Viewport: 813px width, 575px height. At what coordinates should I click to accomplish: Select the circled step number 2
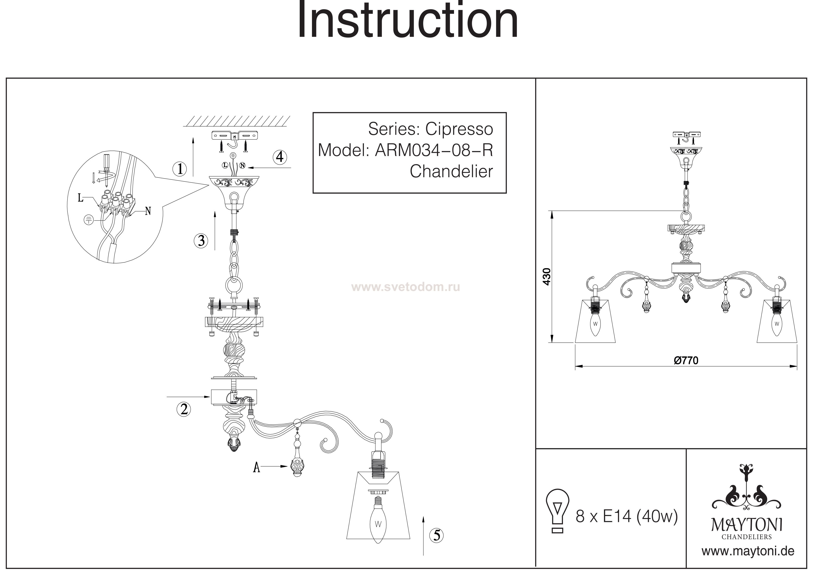(184, 409)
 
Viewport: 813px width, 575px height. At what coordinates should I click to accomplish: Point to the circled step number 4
(280, 157)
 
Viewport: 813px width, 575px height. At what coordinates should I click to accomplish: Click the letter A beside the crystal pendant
(257, 468)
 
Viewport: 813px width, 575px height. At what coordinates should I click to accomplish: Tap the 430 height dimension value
(547, 277)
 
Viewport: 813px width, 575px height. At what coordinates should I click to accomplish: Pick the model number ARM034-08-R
(434, 150)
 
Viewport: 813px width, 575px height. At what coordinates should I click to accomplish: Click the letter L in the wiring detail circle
(81, 198)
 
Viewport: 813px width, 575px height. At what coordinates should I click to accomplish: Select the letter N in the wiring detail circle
(148, 211)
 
